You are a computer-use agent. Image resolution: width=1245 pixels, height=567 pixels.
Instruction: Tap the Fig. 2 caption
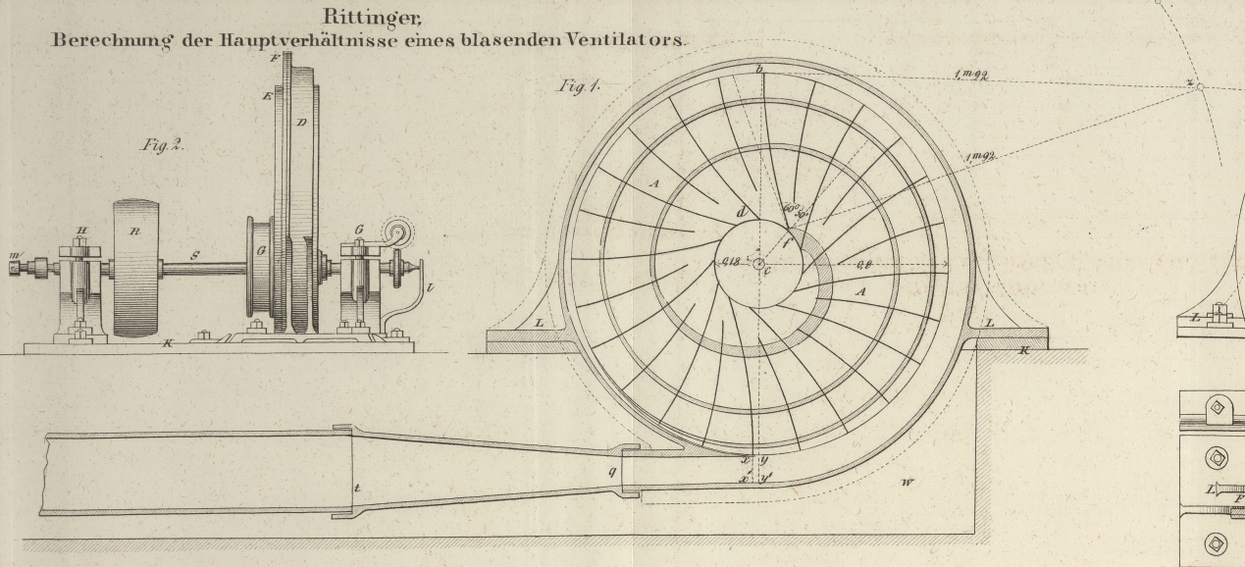click(162, 145)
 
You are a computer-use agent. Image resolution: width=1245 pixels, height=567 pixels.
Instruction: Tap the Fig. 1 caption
click(579, 86)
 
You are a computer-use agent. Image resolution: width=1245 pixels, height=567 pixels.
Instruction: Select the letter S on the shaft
click(195, 256)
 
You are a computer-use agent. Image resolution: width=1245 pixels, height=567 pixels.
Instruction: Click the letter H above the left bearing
click(81, 232)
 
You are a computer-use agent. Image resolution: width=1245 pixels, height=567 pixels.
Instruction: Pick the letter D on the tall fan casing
click(301, 122)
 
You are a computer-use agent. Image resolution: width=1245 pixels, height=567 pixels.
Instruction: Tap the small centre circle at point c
click(757, 263)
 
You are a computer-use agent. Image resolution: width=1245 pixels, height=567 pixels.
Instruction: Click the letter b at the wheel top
click(758, 69)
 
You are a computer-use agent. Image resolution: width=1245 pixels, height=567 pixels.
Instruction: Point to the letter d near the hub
click(742, 212)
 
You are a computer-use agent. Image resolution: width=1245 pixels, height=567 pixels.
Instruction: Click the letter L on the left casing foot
click(538, 322)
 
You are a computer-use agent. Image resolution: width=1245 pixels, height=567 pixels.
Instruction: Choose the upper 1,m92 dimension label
click(969, 76)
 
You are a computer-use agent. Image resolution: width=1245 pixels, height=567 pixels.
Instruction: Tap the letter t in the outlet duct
click(356, 488)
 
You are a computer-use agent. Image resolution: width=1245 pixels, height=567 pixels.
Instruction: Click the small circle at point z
click(1199, 86)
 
